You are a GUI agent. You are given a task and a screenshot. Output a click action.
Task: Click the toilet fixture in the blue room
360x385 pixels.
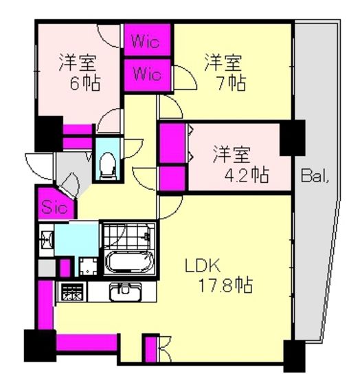click(107, 166)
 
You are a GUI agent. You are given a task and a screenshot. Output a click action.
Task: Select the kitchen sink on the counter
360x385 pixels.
click(126, 291)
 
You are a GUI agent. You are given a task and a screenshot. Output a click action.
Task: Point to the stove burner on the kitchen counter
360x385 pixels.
click(72, 291)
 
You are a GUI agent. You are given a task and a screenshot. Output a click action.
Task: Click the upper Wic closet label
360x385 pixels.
click(146, 41)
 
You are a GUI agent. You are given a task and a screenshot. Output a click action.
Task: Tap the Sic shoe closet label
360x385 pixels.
click(54, 208)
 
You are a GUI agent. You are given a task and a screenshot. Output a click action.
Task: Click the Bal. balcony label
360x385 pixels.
click(315, 175)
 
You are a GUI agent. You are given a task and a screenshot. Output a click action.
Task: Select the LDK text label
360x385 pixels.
click(203, 266)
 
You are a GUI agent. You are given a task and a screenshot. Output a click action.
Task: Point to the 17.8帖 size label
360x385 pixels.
click(225, 285)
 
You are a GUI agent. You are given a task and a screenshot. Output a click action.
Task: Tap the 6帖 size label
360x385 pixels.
click(85, 83)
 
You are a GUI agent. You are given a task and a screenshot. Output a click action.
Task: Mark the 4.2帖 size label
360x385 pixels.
click(247, 175)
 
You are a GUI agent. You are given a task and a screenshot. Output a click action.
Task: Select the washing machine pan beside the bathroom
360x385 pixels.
click(89, 266)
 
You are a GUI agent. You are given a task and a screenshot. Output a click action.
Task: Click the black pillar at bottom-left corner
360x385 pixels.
click(40, 345)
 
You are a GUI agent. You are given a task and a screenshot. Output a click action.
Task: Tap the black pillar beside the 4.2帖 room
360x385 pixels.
click(293, 137)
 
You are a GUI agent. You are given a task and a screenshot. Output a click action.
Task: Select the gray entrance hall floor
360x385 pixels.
click(71, 172)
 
